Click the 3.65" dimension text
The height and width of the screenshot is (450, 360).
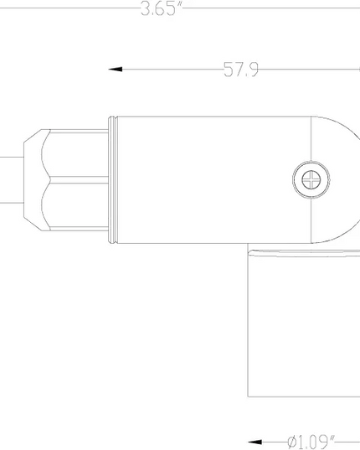click(x=162, y=8)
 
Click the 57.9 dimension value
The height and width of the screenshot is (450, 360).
click(x=241, y=70)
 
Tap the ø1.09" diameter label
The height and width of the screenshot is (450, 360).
click(x=311, y=442)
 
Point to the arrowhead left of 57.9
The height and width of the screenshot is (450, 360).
click(x=116, y=70)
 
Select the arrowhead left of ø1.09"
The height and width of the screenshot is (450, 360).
click(x=255, y=442)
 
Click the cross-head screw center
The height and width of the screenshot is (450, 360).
click(x=311, y=179)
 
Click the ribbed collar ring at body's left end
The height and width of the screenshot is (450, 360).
click(x=113, y=180)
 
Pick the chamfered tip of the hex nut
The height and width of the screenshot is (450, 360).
click(x=33, y=180)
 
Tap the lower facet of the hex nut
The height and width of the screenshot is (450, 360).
click(x=75, y=205)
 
